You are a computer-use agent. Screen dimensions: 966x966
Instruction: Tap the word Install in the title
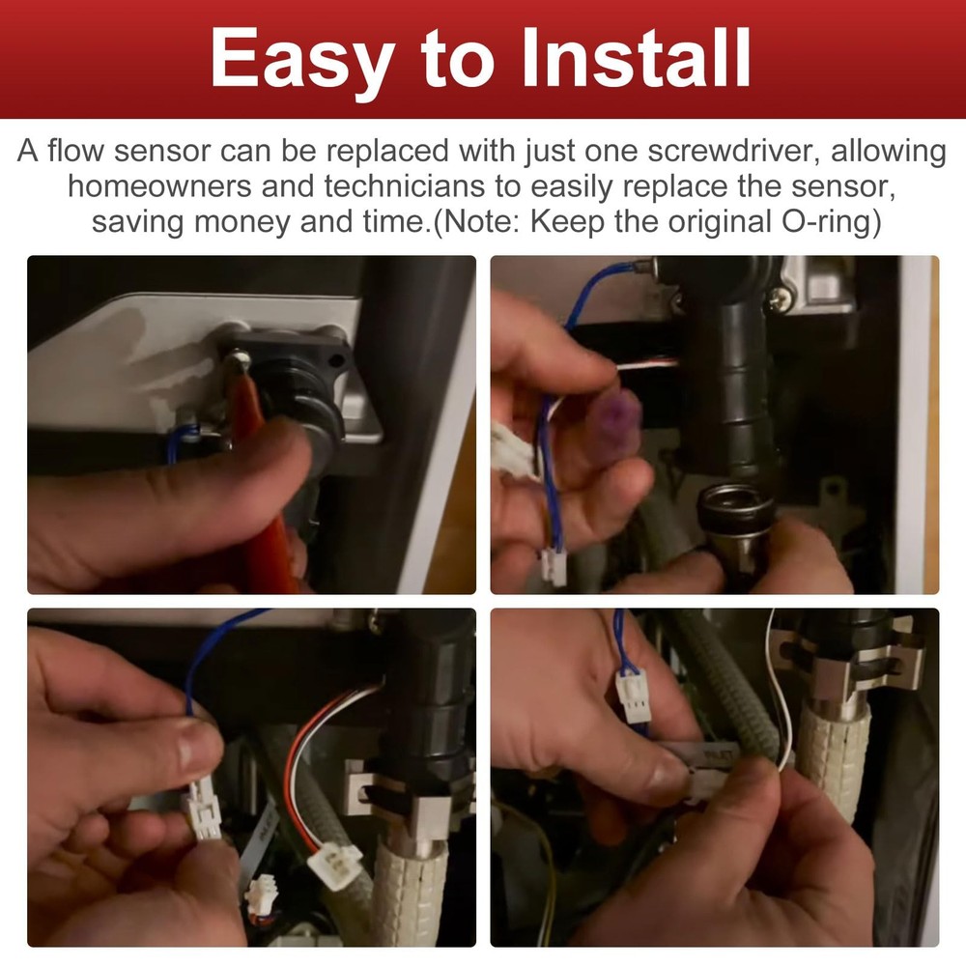pyautogui.click(x=636, y=57)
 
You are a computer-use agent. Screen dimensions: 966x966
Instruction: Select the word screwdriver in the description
pyautogui.click(x=734, y=152)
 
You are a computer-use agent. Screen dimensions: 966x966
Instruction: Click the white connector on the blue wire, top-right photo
pyautogui.click(x=554, y=566)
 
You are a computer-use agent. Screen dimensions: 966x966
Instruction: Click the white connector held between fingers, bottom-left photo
pyautogui.click(x=204, y=811)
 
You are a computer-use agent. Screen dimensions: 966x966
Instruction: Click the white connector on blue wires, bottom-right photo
pyautogui.click(x=632, y=696)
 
